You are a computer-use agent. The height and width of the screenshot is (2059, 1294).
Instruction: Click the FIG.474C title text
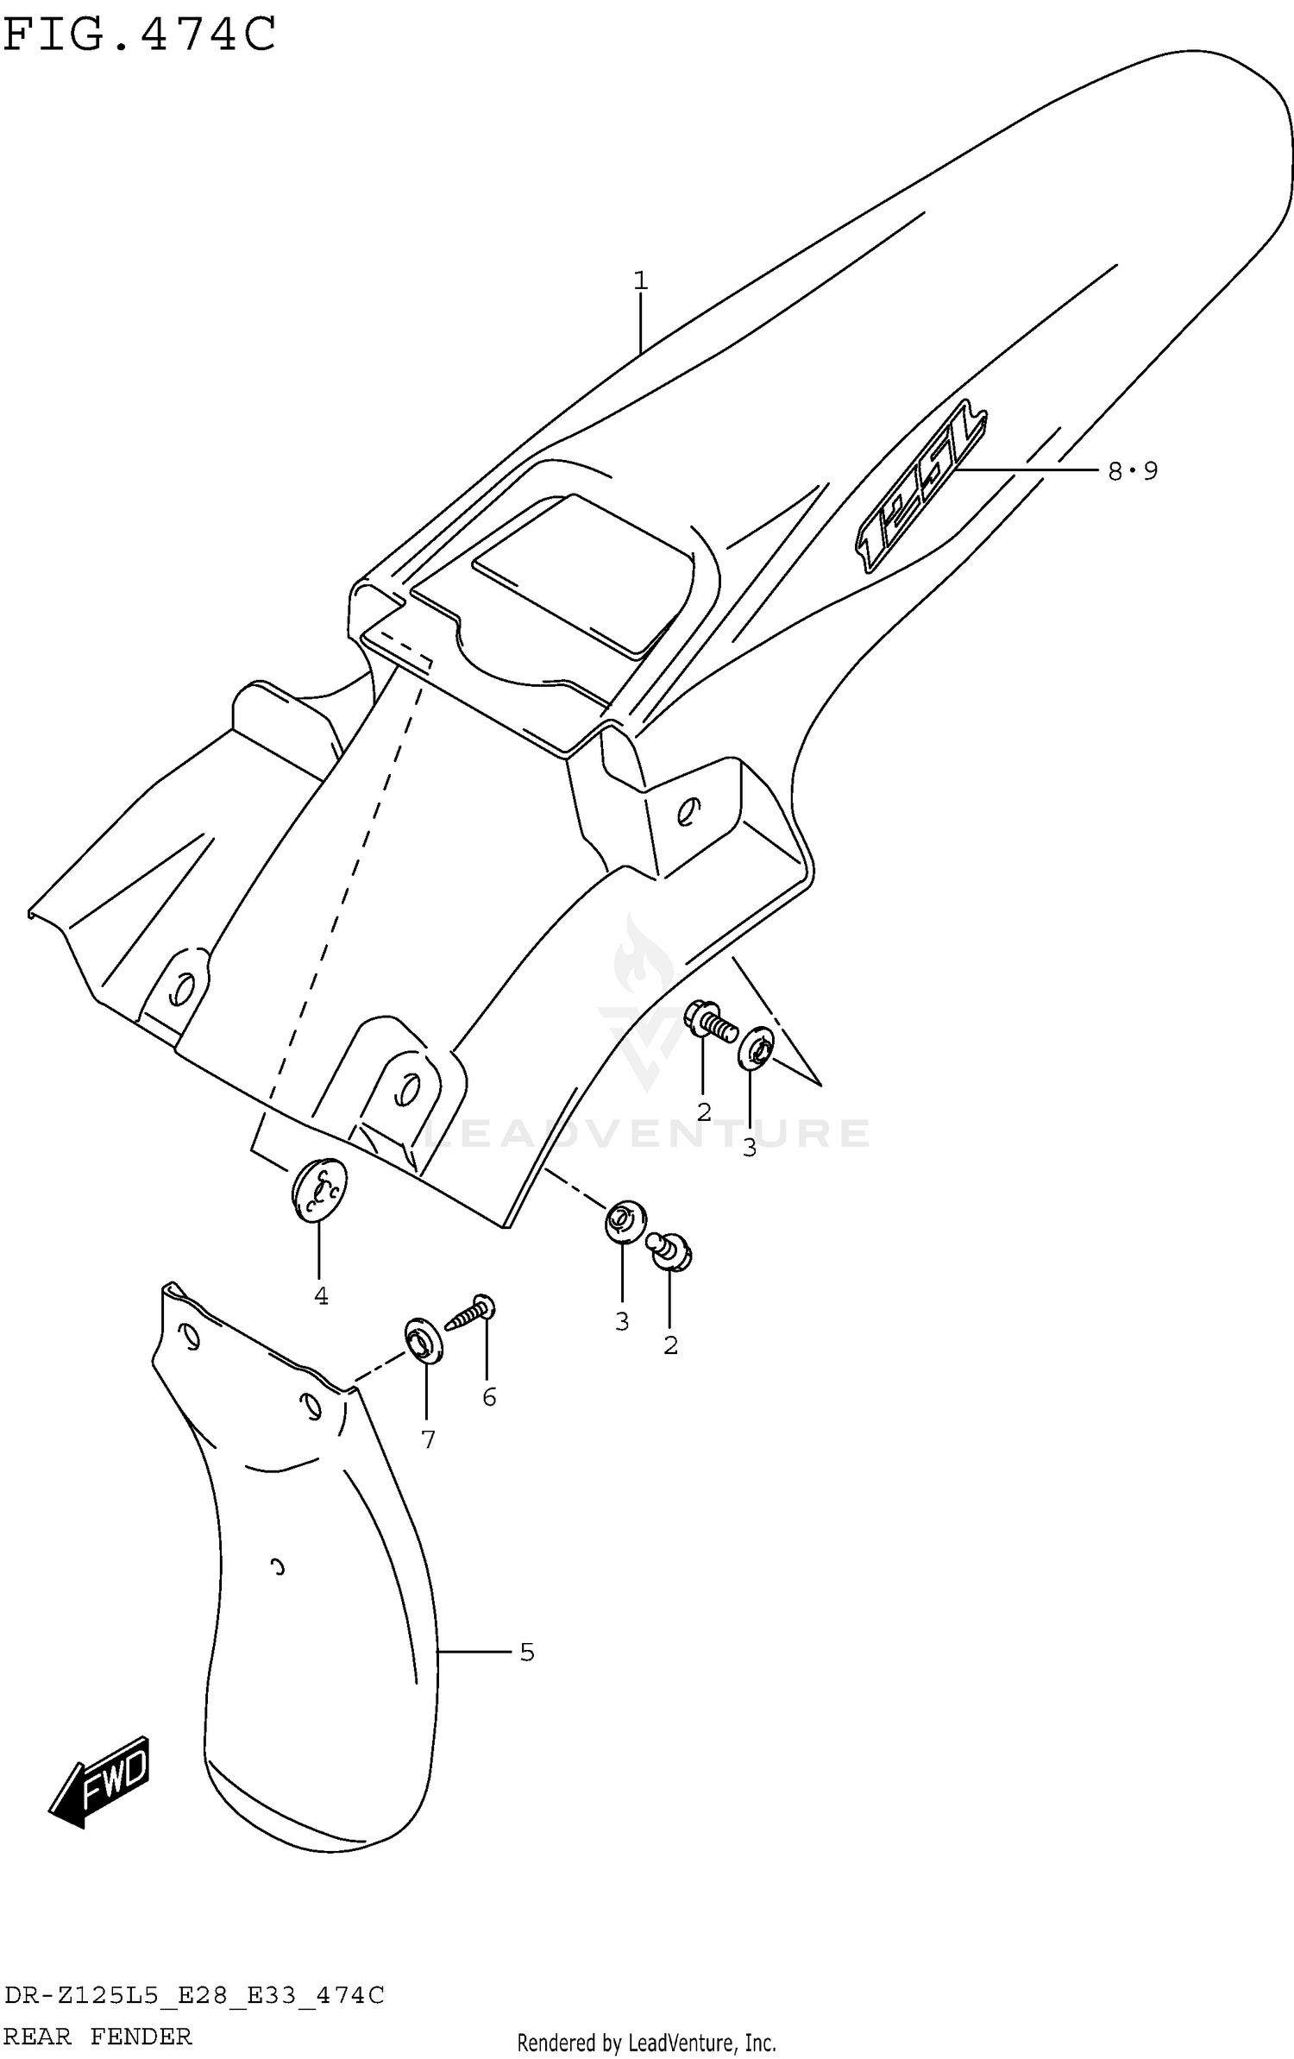pyautogui.click(x=140, y=35)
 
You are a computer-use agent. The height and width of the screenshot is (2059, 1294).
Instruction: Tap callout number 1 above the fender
pyautogui.click(x=640, y=280)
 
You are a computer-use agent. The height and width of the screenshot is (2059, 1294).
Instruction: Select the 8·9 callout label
pyautogui.click(x=1132, y=471)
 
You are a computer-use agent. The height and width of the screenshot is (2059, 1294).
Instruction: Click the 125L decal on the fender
pyautogui.click(x=920, y=486)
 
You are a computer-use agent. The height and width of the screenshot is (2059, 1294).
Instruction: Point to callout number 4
pyautogui.click(x=321, y=1295)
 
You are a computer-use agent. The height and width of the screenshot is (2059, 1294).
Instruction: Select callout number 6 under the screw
pyautogui.click(x=489, y=1397)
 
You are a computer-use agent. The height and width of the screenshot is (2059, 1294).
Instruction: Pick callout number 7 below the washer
pyautogui.click(x=428, y=1439)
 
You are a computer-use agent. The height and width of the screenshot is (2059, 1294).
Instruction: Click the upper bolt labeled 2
pyautogui.click(x=711, y=1021)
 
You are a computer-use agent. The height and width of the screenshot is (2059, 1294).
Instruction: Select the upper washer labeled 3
pyautogui.click(x=756, y=1048)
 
